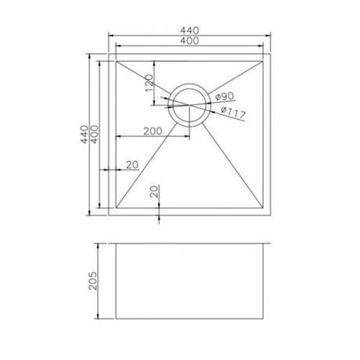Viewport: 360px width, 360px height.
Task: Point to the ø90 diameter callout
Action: tap(225, 96)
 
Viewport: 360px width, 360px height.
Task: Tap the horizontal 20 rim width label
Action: tap(131, 164)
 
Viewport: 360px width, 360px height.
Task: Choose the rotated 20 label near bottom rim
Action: tap(154, 190)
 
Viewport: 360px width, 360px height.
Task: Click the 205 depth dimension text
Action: tap(92, 281)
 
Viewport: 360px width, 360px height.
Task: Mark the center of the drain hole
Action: tap(189, 106)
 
